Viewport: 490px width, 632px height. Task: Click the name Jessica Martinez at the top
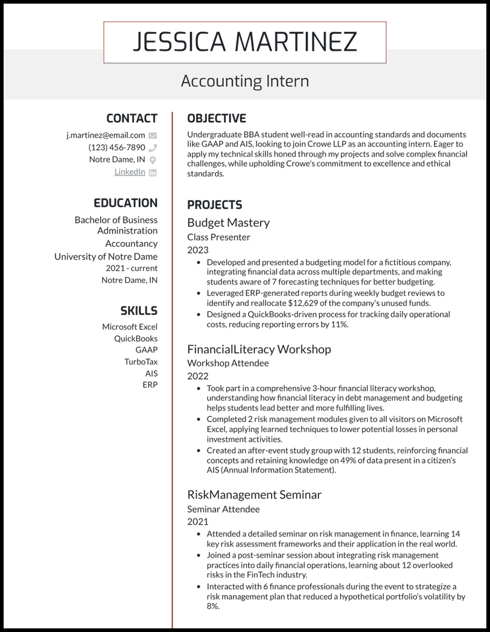tap(244, 42)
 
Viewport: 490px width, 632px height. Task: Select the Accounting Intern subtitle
tap(244, 81)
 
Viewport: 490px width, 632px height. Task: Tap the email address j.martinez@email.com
tap(106, 135)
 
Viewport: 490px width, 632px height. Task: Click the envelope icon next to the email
tap(153, 136)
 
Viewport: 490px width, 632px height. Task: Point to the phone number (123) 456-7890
tap(116, 147)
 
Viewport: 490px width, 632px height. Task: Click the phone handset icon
tap(153, 148)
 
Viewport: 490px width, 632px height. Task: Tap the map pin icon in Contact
tap(153, 160)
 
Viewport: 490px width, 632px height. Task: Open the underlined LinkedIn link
tap(130, 172)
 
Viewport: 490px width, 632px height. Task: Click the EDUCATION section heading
tap(126, 203)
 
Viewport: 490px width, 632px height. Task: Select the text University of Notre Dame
tap(106, 257)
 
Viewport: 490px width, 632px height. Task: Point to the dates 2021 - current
tap(132, 268)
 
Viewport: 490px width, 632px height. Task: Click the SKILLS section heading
tap(139, 311)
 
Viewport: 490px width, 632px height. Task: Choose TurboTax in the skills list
tap(141, 362)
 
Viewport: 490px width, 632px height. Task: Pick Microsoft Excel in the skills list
tap(130, 327)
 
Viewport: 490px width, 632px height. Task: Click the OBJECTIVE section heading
tap(217, 118)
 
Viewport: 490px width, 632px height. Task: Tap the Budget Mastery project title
tap(228, 223)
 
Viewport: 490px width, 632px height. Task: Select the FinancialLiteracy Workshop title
tap(259, 349)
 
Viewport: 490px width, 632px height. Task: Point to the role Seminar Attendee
tap(223, 509)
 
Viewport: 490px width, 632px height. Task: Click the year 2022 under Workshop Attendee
tap(197, 376)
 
